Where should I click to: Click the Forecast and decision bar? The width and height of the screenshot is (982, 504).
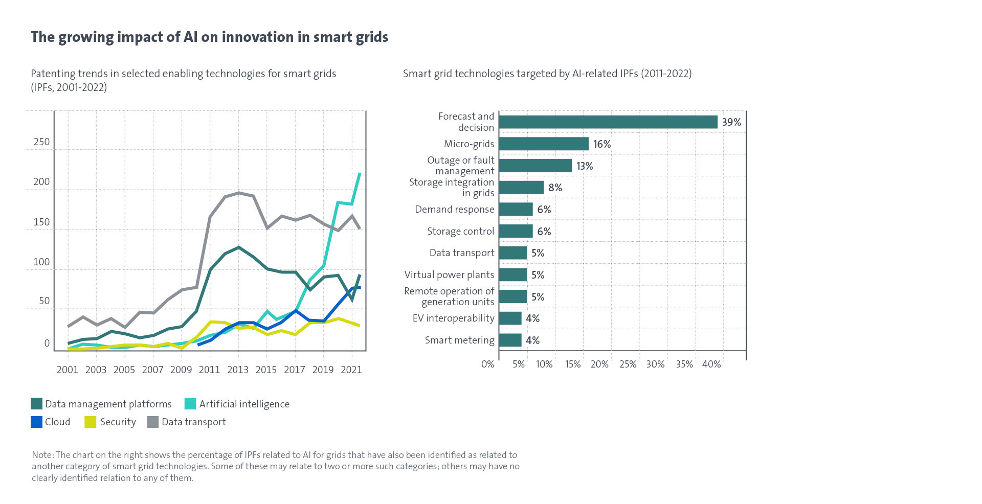point(608,122)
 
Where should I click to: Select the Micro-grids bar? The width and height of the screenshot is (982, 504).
point(543,144)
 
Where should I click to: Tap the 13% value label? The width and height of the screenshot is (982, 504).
point(584,166)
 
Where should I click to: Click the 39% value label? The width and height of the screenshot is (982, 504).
point(731,122)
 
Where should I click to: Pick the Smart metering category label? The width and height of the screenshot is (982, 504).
point(459,340)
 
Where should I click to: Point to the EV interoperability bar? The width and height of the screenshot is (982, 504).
point(510,318)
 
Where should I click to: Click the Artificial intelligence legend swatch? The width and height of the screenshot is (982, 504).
point(190,404)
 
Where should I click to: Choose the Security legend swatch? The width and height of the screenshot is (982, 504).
point(91,422)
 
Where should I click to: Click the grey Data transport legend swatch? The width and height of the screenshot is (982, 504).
point(152,422)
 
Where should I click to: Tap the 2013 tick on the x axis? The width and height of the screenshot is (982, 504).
point(238,369)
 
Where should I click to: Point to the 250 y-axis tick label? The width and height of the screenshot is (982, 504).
point(41,142)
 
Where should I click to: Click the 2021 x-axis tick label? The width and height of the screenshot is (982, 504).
point(351,369)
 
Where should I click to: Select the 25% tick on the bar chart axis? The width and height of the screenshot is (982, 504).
point(628,364)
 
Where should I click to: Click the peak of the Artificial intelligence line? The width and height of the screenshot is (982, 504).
point(360,174)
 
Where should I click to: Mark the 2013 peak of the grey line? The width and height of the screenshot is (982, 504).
point(239,193)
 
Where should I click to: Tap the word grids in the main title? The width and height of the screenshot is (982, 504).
point(370,37)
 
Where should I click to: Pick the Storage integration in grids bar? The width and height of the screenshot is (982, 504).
point(521,188)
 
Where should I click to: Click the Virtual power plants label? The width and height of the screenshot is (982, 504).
point(449,274)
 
